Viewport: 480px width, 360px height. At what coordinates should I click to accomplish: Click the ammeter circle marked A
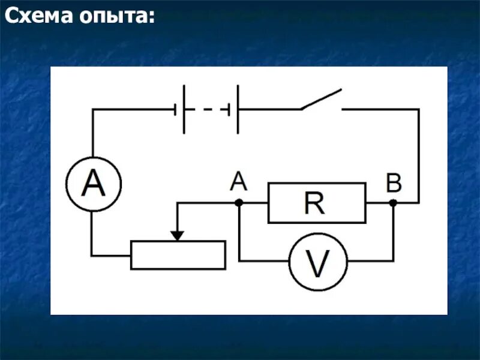tap(93, 184)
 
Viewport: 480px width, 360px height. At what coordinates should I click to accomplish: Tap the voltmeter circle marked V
tap(318, 262)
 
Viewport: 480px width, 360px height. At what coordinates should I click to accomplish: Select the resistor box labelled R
tap(317, 203)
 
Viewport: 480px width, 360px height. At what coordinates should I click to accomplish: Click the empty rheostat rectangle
tap(178, 255)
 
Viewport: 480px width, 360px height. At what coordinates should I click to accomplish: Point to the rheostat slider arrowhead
tap(177, 235)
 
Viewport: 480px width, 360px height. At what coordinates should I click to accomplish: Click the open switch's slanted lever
tap(322, 100)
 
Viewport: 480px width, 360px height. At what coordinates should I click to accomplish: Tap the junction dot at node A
tap(239, 203)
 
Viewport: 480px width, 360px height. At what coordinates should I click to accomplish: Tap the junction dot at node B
tap(393, 203)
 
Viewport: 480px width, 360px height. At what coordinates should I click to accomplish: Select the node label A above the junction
tap(238, 181)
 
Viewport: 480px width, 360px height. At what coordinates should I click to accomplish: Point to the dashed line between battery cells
tap(206, 109)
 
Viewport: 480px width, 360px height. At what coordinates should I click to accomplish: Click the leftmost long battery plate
tap(184, 109)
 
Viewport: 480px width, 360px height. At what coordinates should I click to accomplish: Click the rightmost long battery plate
tap(238, 109)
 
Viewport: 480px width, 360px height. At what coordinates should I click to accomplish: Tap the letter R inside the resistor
tap(314, 203)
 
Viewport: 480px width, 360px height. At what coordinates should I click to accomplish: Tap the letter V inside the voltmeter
tap(318, 262)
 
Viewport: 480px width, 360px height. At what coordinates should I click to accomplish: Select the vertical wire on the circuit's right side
tap(418, 156)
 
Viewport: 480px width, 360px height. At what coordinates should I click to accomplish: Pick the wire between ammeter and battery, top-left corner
tap(93, 110)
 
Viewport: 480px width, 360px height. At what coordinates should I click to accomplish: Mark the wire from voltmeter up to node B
tap(393, 234)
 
